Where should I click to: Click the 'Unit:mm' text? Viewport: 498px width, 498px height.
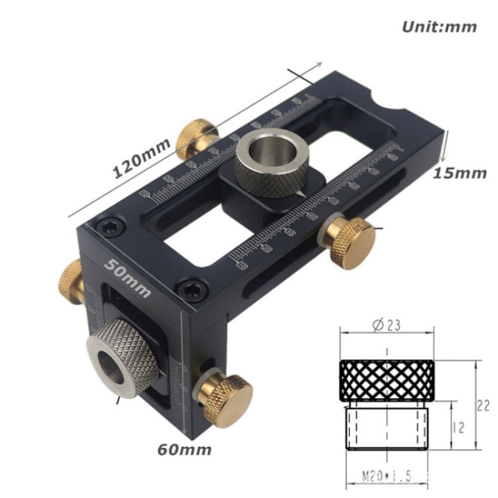(x=439, y=27)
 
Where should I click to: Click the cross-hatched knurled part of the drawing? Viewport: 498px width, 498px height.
(x=386, y=380)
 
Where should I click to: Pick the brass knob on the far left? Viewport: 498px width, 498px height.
(x=70, y=281)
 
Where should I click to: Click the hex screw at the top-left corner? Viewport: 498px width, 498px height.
(x=111, y=228)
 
